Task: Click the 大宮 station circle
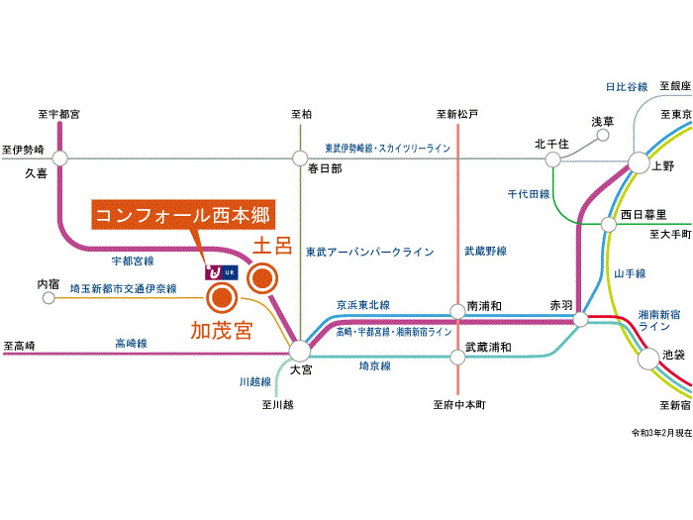300,351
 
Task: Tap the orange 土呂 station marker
262,278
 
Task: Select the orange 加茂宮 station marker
222,298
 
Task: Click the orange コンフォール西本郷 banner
183,215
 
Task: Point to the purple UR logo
222,272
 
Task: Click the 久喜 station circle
59,157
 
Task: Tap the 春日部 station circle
300,158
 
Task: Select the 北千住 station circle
552,159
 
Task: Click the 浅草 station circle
603,136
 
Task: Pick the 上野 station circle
639,162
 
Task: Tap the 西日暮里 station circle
609,224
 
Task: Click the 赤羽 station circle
581,319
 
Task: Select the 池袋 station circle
648,359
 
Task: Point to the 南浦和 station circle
457,311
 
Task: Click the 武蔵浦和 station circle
457,357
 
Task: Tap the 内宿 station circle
49,298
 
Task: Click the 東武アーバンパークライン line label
370,252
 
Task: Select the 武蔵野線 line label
485,252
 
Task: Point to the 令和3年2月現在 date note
661,433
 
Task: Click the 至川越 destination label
277,404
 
